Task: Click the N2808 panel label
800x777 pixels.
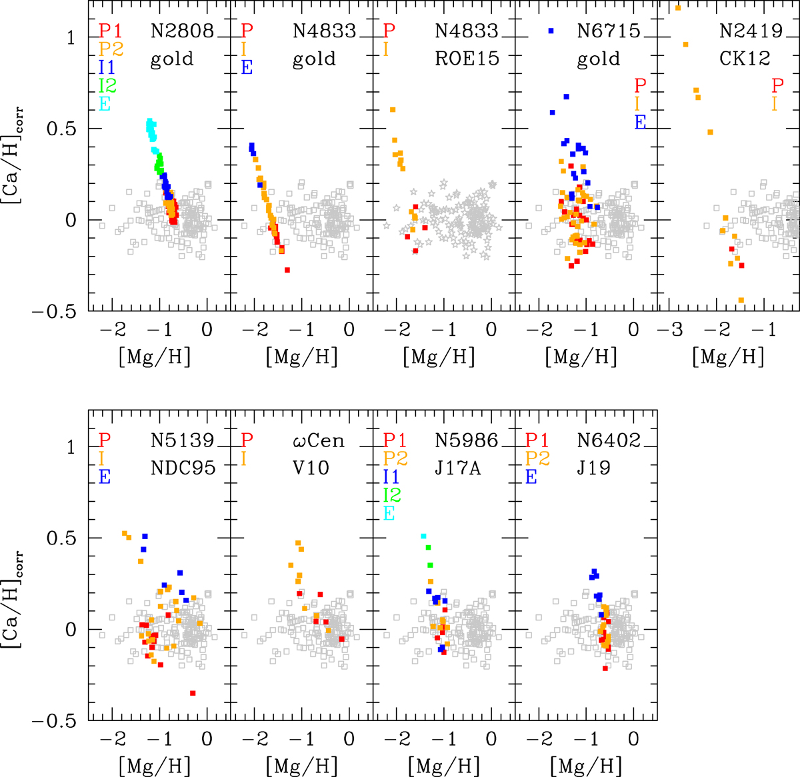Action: click(x=181, y=31)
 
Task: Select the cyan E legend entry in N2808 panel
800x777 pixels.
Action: click(x=105, y=103)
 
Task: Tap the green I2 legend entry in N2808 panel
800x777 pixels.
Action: click(x=107, y=85)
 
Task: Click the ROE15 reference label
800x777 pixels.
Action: click(x=467, y=59)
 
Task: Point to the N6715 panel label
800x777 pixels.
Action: click(x=609, y=31)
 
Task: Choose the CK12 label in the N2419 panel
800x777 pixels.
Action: click(x=745, y=59)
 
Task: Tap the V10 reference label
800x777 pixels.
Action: click(x=310, y=468)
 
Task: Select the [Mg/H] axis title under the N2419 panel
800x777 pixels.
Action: click(x=728, y=357)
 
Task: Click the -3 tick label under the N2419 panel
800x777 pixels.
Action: click(x=670, y=329)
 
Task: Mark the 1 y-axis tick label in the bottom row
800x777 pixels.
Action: click(x=71, y=447)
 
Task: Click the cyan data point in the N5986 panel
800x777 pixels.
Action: click(x=424, y=536)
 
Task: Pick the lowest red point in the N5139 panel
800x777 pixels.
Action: click(x=193, y=694)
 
